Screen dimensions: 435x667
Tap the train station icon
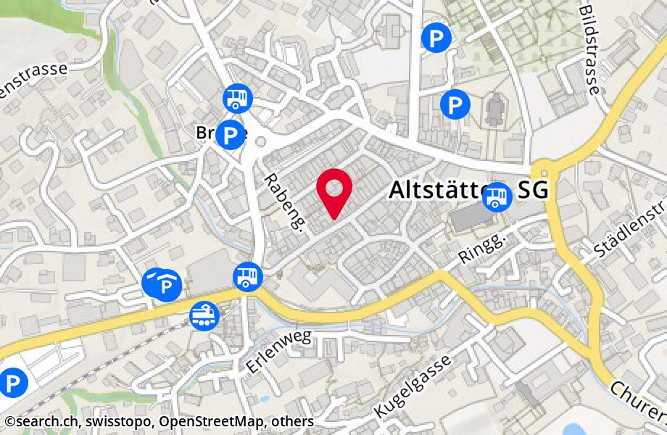(204, 314)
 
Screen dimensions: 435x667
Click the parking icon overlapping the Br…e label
(231, 135)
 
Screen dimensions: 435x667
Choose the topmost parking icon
(436, 38)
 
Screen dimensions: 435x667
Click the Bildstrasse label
(589, 47)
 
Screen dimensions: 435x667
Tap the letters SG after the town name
(533, 191)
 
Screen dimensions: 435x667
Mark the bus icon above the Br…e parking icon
(237, 97)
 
